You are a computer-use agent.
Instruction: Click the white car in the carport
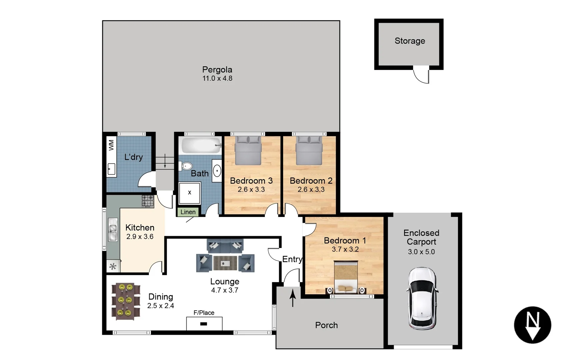coord(422,298)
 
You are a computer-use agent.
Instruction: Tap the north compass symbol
coord(532,325)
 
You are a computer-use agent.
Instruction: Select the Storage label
coord(410,41)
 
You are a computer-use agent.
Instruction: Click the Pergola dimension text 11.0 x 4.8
coord(217,78)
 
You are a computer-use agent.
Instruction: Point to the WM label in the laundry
coord(111,145)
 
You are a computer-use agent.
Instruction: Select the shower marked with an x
coord(190,193)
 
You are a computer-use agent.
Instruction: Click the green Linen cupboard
coord(188,212)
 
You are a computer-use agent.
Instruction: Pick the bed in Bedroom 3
coord(248,150)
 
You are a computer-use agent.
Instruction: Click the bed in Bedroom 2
coord(309,150)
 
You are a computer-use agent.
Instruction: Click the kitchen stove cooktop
coord(148,201)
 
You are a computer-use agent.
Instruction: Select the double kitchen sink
coord(113,230)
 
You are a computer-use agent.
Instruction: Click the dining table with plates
coord(125,301)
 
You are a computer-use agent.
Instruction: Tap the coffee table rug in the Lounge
coord(225,263)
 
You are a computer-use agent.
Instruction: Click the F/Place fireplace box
coord(204,323)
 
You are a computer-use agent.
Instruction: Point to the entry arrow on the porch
coord(293,298)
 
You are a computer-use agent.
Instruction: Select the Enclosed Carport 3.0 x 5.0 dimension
coord(421,252)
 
